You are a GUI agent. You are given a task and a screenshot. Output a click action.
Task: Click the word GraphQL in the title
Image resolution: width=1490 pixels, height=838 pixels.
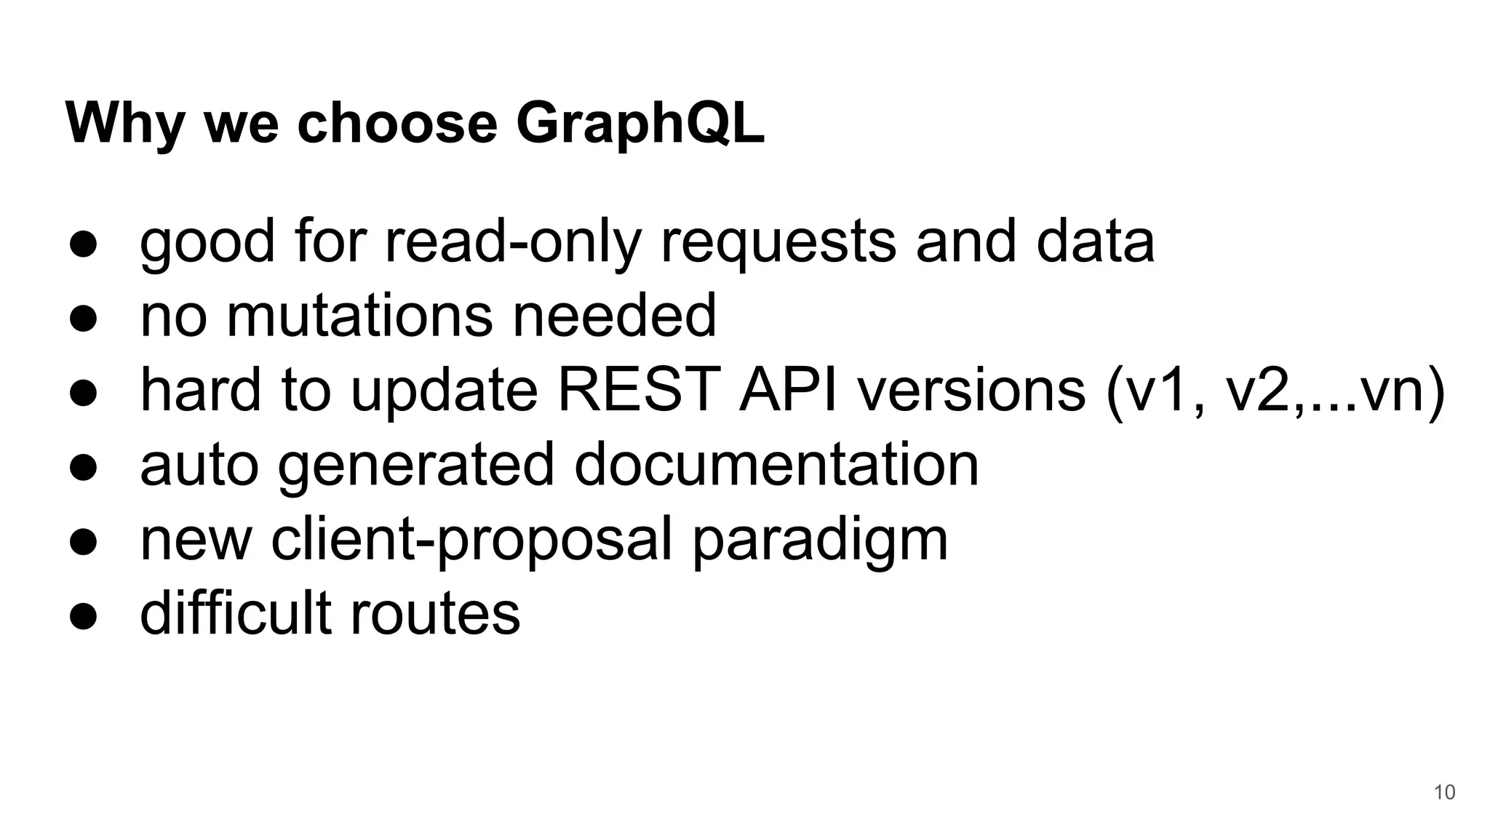pyautogui.click(x=640, y=124)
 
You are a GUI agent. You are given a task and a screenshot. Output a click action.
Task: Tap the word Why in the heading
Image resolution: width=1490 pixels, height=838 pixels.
pyautogui.click(x=124, y=124)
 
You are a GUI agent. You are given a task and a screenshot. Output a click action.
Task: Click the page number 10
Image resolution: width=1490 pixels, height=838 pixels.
pyautogui.click(x=1444, y=792)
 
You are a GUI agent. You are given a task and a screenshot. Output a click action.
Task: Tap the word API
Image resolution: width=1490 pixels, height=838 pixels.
pyautogui.click(x=788, y=390)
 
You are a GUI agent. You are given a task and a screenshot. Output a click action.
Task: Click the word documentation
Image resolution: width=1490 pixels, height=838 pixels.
pyautogui.click(x=776, y=465)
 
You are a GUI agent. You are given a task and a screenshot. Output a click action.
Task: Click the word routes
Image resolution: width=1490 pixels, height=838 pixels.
pyautogui.click(x=435, y=613)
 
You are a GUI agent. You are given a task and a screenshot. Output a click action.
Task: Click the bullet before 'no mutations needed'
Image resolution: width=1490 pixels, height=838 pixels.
pyautogui.click(x=84, y=319)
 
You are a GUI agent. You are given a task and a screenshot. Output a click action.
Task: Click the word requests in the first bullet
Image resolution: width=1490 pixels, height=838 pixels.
pyautogui.click(x=778, y=243)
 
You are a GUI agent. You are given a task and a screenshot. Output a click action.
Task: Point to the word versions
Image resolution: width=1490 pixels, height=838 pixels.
pyautogui.click(x=971, y=390)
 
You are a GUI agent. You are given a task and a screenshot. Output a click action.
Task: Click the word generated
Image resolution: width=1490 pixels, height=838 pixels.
pyautogui.click(x=416, y=466)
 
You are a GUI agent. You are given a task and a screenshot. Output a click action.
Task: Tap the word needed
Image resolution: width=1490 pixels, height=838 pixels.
pyautogui.click(x=615, y=316)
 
